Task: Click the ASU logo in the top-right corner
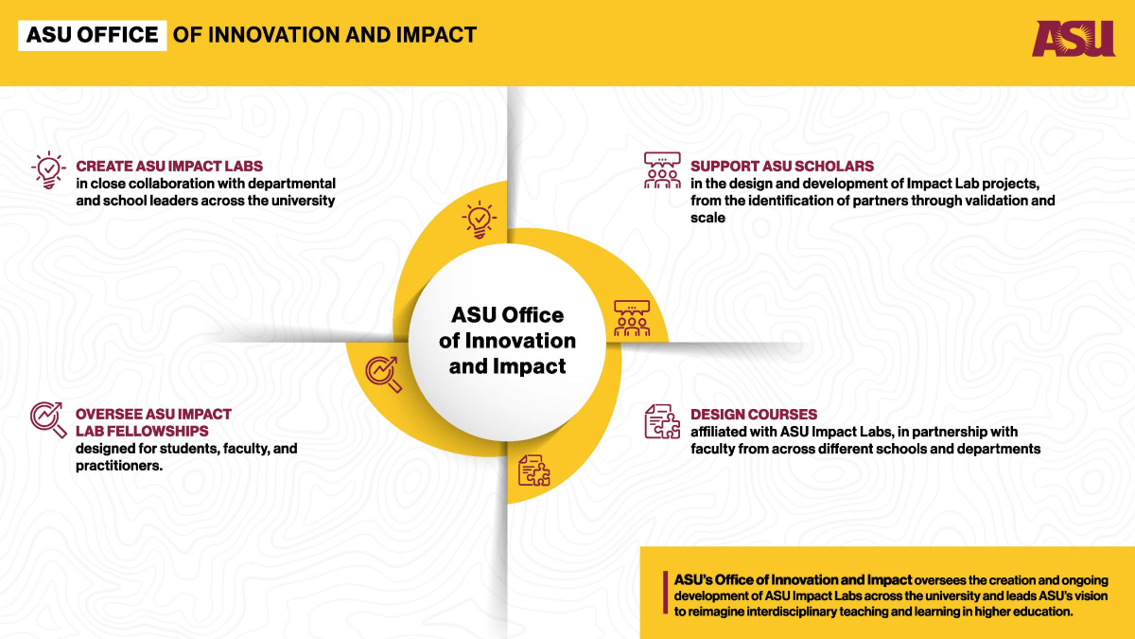pos(1074,38)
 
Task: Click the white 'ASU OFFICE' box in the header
pos(93,35)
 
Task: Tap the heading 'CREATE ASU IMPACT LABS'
pos(169,166)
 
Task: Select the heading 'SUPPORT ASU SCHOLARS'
pos(782,166)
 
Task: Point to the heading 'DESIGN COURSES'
pos(754,414)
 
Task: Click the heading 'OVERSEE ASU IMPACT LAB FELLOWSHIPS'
pos(153,422)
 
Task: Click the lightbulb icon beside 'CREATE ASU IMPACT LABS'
pos(48,169)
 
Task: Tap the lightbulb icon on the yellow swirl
pos(480,219)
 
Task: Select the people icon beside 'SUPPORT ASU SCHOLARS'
pos(662,170)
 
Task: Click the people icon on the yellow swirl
pos(632,318)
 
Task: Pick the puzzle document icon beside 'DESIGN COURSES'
pos(662,421)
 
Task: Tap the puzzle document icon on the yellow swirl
pos(534,470)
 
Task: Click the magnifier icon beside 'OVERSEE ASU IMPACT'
pos(48,420)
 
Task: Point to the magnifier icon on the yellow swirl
pos(384,374)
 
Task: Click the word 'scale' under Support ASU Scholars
pos(707,218)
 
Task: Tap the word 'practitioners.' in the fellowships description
pos(119,466)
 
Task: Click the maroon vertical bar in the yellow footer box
pos(665,593)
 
